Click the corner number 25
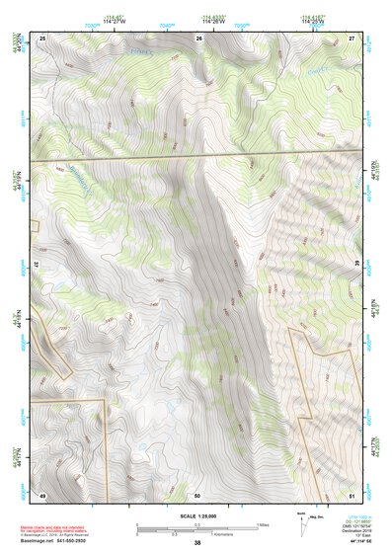tap(42, 38)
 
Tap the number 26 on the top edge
tap(197, 38)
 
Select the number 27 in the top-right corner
tap(351, 38)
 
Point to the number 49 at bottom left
tap(42, 495)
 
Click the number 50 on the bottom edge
tap(197, 495)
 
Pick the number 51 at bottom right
tap(351, 495)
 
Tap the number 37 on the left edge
tap(36, 266)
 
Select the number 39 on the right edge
tap(357, 266)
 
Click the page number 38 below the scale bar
tap(197, 543)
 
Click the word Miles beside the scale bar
tap(264, 524)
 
